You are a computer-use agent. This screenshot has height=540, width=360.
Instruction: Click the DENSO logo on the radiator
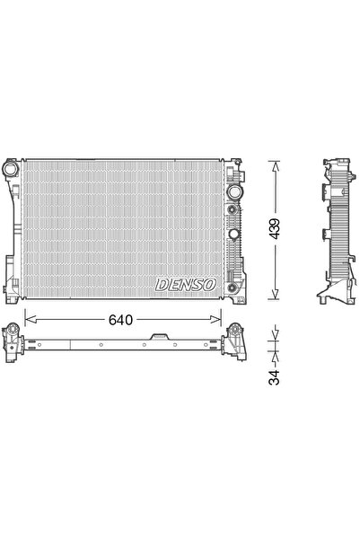click(x=186, y=284)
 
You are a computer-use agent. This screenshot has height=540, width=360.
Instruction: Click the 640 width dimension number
click(x=122, y=317)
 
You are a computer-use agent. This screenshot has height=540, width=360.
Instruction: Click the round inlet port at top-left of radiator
click(x=12, y=169)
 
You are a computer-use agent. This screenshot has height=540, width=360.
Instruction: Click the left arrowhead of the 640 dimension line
click(x=28, y=317)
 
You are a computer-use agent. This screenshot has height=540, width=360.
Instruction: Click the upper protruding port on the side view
click(x=321, y=190)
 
